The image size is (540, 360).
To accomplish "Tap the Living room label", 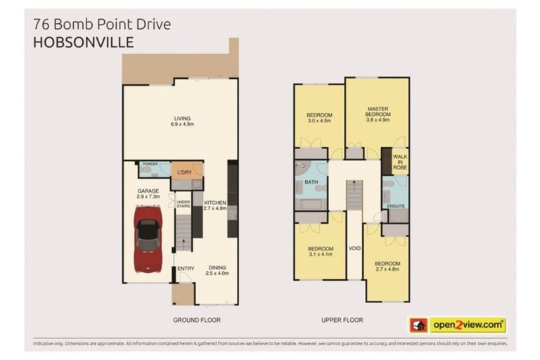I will (182, 121).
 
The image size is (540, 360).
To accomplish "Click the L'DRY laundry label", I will (185, 172).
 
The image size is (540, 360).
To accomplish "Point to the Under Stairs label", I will (183, 204).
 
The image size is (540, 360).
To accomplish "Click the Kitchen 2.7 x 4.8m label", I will (215, 205).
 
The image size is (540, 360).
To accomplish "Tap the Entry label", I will (186, 268).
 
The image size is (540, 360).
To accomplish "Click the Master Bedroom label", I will (378, 112).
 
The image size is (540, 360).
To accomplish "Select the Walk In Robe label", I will (399, 162).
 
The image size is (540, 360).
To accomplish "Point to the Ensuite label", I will (396, 206).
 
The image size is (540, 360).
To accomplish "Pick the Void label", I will (354, 248).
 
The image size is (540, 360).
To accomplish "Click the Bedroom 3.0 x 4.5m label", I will (319, 117).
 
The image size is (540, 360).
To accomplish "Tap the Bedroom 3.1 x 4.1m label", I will (320, 251).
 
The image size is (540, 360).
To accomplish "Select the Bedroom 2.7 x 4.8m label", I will (387, 266).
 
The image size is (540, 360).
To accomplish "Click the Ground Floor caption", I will (197, 320).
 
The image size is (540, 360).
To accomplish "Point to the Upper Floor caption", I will (342, 320).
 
